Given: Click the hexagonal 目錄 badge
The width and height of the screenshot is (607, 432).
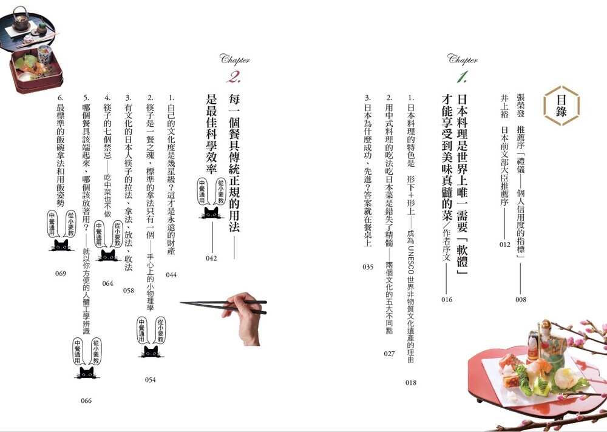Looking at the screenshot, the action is pos(561,106).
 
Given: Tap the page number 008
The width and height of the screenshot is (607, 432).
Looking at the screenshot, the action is pos(521,299).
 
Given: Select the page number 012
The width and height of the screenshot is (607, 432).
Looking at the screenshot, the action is pos(505,245).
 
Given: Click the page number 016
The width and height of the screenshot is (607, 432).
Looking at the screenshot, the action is pos(447,299).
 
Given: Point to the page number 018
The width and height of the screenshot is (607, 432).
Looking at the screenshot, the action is pos(411,382).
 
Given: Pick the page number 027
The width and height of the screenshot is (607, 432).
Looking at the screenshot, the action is pos(389,353).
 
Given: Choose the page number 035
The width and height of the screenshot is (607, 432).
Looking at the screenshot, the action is pos(368,267).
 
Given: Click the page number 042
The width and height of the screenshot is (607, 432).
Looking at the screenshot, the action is pos(211,258).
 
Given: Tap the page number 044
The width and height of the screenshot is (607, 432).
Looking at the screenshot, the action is pos(171,275).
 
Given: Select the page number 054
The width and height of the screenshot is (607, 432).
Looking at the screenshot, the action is pos(150,380).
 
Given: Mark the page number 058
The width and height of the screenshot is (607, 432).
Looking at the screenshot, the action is pos(129,291).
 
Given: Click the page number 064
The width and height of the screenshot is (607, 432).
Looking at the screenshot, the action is pos(107,283).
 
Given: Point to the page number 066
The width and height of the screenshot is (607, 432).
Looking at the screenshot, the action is pos(86,400).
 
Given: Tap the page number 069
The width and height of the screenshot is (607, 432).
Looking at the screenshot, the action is pos(60,274).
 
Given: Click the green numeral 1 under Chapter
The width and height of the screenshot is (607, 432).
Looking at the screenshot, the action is pos(462,77).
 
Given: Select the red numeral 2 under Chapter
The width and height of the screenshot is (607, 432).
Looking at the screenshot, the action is pos(234,77).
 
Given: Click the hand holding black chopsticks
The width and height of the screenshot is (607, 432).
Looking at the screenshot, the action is pos(244,318).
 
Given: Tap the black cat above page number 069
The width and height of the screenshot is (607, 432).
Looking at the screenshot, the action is pos(61,245).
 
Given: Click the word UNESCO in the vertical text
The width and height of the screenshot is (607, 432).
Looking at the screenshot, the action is pos(411,260).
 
